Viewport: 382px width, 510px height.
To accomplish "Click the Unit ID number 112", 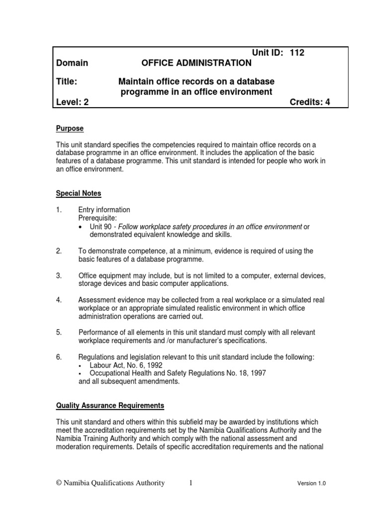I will pyautogui.click(x=296, y=53).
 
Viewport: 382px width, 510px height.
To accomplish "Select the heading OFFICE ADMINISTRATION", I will pyautogui.click(x=196, y=63).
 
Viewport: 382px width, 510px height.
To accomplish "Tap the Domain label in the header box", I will pyautogui.click(x=72, y=63).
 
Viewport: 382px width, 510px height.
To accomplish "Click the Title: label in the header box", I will pyautogui.click(x=67, y=81).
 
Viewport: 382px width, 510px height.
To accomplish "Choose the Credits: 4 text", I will pyautogui.click(x=309, y=103).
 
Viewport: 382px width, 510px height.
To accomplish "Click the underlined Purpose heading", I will pyautogui.click(x=70, y=128).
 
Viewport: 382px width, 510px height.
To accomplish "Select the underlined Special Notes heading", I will pyautogui.click(x=79, y=193).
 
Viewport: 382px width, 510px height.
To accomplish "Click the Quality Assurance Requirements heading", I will pyautogui.click(x=109, y=406).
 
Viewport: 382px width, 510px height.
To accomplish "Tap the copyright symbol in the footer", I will pyautogui.click(x=58, y=483).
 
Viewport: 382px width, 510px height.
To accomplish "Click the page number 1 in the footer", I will pyautogui.click(x=191, y=483).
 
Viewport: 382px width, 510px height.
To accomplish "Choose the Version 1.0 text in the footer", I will pyautogui.click(x=311, y=483).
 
